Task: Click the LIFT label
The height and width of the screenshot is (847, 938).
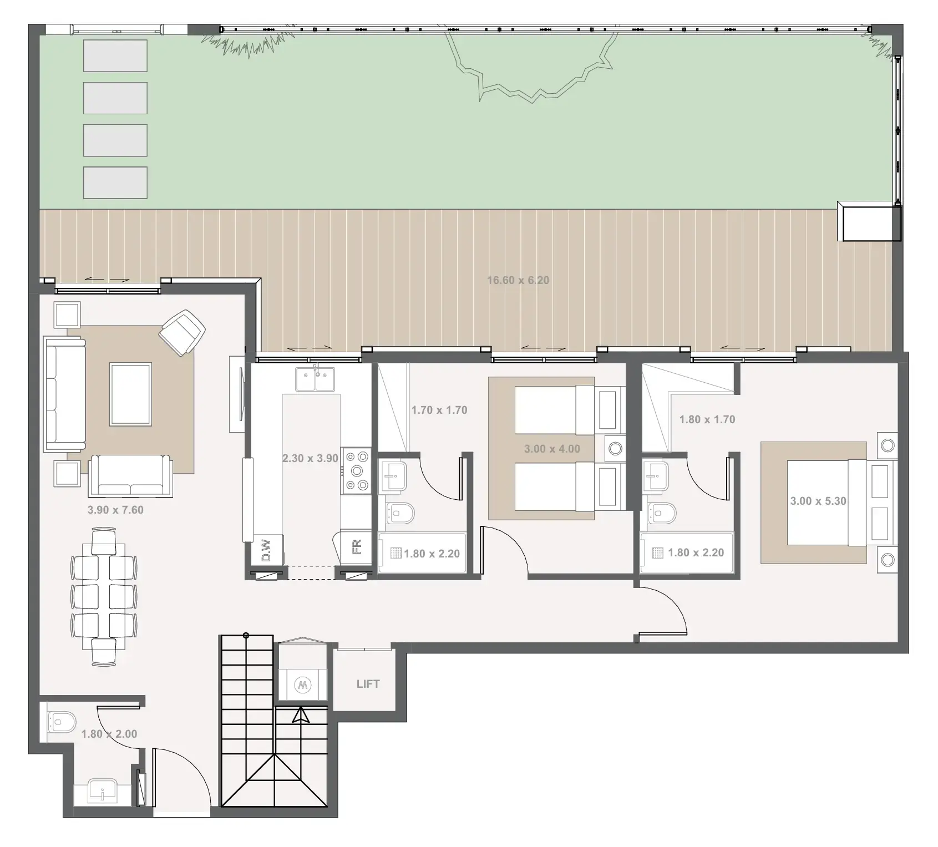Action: [x=368, y=684]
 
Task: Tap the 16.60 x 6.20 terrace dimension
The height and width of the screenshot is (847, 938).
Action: [x=518, y=280]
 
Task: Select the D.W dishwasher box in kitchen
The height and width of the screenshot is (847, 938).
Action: [x=266, y=550]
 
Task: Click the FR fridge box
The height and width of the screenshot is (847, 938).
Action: [x=357, y=547]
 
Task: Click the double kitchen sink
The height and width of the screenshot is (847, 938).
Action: [x=315, y=379]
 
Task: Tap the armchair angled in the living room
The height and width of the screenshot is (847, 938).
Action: [x=182, y=332]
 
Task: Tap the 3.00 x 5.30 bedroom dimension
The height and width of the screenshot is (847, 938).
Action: [x=818, y=501]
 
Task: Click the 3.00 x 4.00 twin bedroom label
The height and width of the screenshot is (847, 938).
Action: [x=551, y=449]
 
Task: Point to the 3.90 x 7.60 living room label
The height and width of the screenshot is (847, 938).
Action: [x=115, y=510]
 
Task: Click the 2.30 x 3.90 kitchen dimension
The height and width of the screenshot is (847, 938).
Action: [x=310, y=458]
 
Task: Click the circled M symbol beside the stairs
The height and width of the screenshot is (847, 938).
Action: [x=302, y=684]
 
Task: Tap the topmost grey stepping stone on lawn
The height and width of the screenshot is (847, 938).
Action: [x=115, y=55]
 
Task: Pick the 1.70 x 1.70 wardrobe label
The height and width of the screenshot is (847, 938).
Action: [x=439, y=410]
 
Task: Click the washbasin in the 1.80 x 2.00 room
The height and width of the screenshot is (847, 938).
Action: [x=103, y=791]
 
